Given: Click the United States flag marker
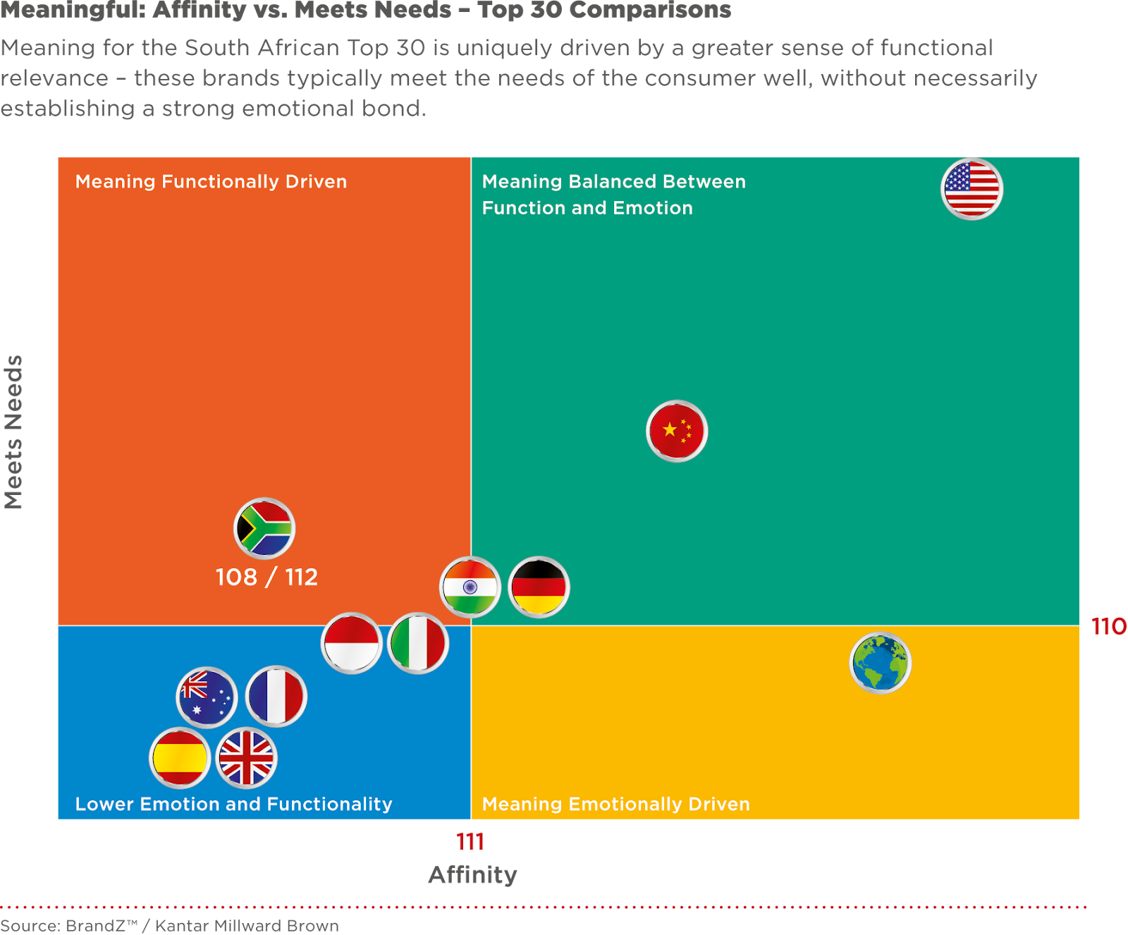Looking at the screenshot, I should (971, 189).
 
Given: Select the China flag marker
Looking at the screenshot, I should (677, 431).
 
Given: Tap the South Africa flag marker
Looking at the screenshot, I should (264, 528).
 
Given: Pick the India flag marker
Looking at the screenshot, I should (470, 587).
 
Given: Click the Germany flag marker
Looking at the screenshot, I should (539, 587).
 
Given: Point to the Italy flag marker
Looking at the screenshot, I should (418, 643).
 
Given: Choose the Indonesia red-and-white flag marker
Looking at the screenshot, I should (352, 643).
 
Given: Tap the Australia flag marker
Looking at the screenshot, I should (207, 697).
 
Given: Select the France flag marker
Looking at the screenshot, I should (276, 696).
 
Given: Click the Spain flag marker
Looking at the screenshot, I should (180, 758).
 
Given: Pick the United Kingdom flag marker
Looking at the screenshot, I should (246, 758).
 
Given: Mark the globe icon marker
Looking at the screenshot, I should (881, 663).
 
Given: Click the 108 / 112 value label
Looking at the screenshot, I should (266, 577).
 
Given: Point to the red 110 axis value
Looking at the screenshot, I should (1108, 626).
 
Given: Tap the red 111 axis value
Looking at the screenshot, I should (470, 841).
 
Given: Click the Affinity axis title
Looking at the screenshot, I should (472, 875).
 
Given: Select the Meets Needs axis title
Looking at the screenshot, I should (14, 432).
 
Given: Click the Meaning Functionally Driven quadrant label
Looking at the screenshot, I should (211, 182).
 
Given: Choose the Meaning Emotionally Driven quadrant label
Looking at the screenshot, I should (615, 804).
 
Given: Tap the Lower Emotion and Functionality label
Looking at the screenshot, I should (233, 804).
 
